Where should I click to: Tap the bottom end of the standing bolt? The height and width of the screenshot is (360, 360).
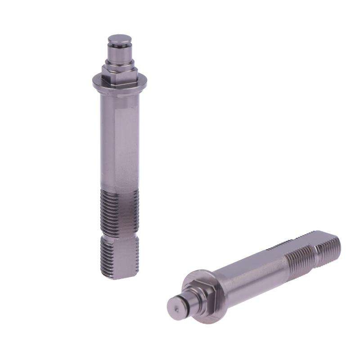pyautogui.click(x=120, y=275)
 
